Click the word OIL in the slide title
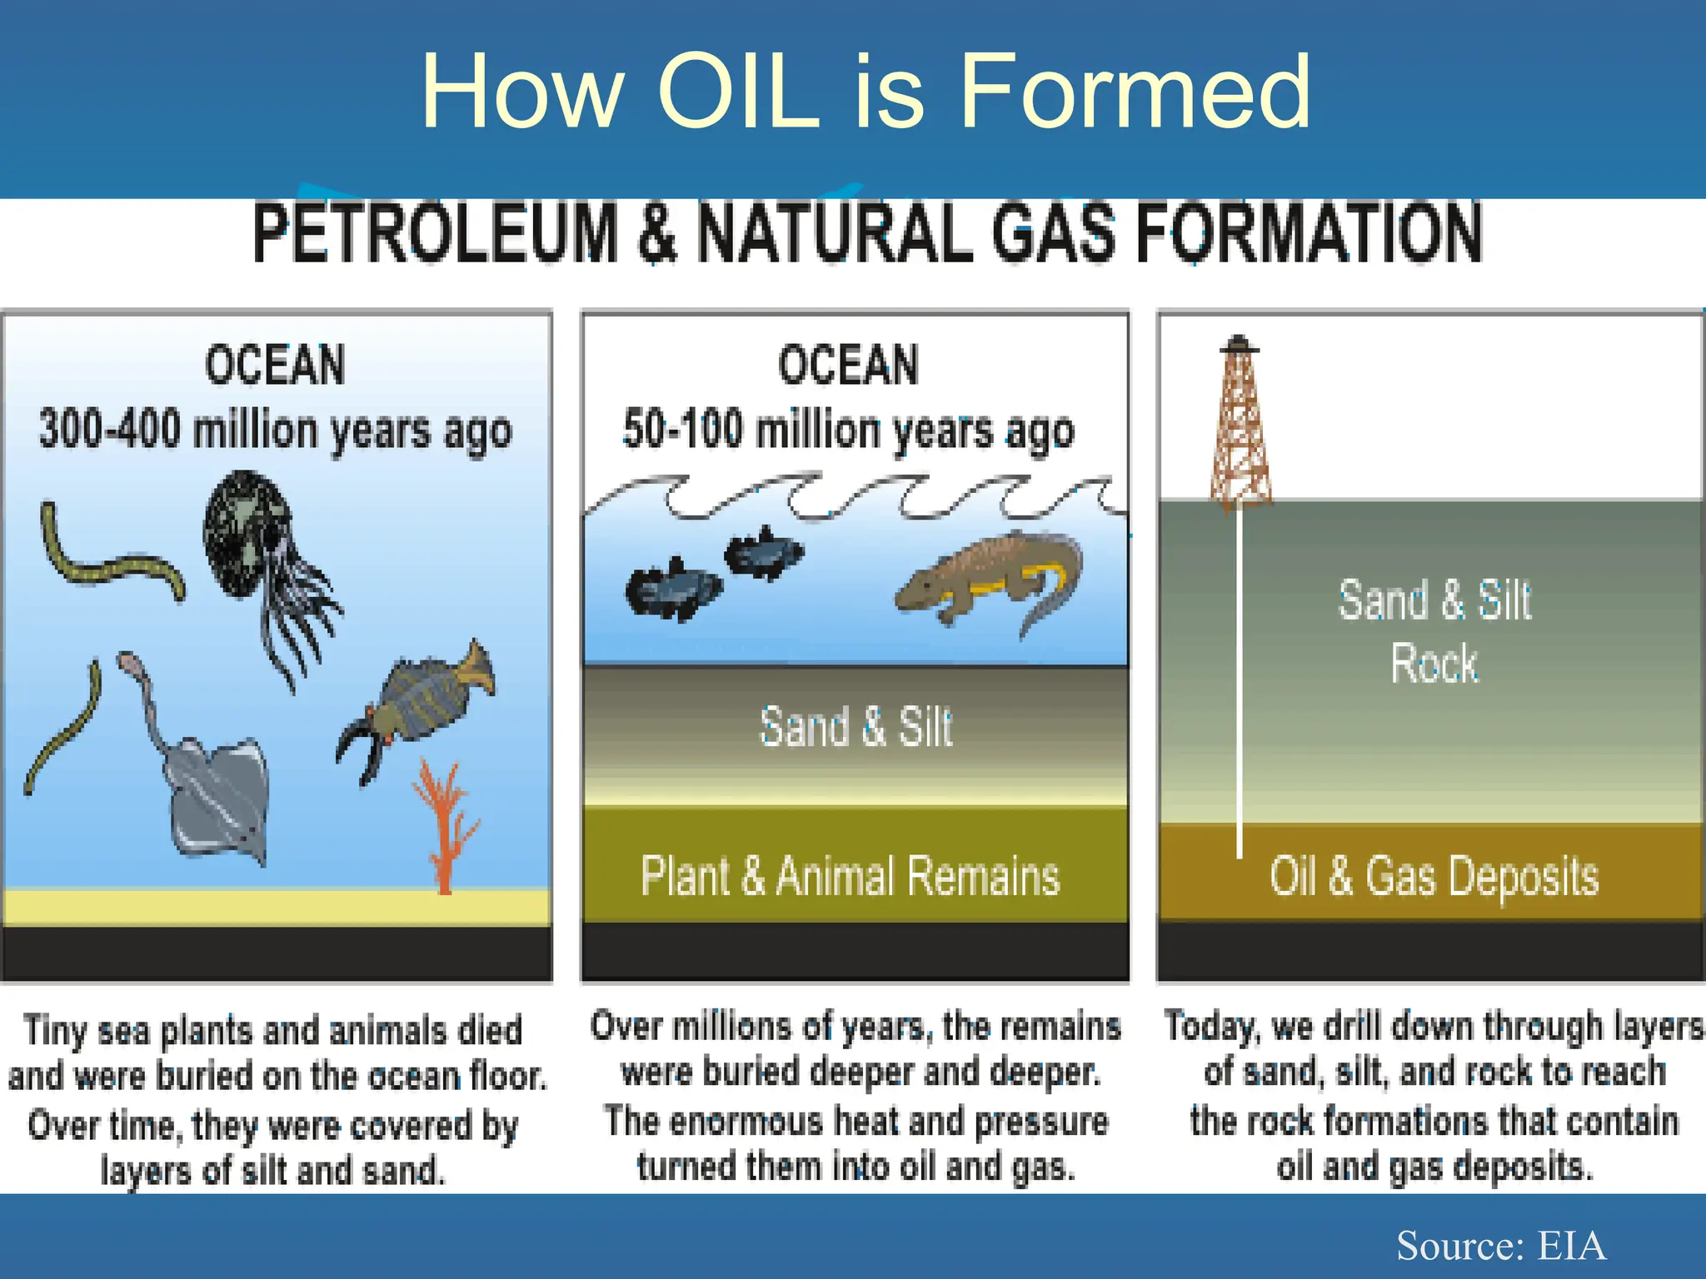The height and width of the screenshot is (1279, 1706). click(x=738, y=92)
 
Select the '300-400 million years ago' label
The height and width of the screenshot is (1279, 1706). click(x=275, y=431)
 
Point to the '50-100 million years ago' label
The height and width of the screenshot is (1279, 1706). click(x=848, y=431)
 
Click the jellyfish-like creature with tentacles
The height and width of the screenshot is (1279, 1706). click(x=258, y=550)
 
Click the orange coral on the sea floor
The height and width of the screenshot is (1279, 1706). click(x=446, y=824)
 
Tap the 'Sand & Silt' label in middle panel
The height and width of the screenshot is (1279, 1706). click(x=855, y=726)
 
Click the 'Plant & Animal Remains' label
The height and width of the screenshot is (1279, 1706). click(x=850, y=876)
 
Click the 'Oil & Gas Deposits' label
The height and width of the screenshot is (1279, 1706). click(x=1434, y=876)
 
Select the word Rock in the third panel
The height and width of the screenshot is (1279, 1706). click(x=1434, y=664)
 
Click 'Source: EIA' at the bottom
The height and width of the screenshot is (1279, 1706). click(x=1500, y=1246)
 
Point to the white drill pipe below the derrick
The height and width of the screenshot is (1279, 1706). click(x=1240, y=683)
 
